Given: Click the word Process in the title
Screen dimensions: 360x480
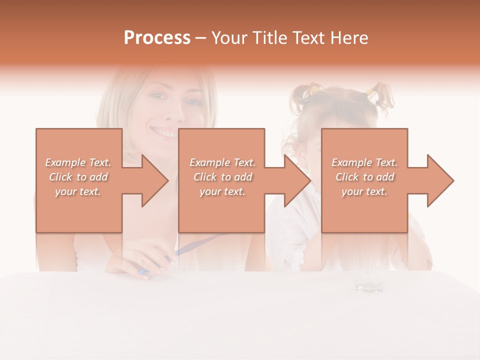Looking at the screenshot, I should click(157, 38).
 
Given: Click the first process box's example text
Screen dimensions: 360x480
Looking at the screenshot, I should click(78, 177).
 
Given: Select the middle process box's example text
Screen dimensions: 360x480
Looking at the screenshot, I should click(222, 177).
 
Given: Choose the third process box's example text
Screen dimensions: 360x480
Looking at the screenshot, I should click(364, 177).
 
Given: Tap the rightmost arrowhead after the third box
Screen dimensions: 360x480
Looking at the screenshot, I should click(439, 180).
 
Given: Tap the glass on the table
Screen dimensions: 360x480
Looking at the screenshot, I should click(368, 277).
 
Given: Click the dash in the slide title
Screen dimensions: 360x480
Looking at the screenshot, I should click(200, 38).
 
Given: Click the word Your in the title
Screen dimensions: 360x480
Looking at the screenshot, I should click(230, 38).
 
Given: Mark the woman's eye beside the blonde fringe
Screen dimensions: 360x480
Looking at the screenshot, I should click(192, 102).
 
